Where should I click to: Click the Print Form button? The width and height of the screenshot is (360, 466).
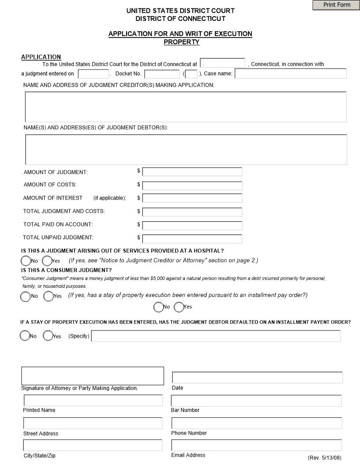336,5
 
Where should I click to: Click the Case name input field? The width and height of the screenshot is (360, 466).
290,74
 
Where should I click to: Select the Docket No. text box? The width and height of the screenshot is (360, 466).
161,74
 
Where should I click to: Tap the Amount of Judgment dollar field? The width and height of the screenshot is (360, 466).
192,172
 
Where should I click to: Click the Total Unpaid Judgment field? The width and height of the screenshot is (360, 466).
192,239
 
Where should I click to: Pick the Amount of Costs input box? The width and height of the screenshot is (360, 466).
192,185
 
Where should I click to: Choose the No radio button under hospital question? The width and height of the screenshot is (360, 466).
26,261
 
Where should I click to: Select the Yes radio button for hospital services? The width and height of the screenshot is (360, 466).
47,261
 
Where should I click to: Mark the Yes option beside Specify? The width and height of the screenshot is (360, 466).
48,336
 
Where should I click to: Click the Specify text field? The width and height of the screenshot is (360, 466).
216,336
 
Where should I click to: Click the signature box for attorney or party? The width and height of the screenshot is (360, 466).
93,376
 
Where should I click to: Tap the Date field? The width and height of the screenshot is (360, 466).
257,378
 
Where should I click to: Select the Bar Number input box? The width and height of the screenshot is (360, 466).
256,401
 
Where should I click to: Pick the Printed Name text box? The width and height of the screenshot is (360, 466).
93,401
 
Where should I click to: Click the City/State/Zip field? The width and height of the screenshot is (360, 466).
93,445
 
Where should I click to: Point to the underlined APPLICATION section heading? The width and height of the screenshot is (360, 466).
41,57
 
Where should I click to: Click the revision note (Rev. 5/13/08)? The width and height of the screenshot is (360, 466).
324,458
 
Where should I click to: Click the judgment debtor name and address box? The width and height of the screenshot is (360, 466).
186,150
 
